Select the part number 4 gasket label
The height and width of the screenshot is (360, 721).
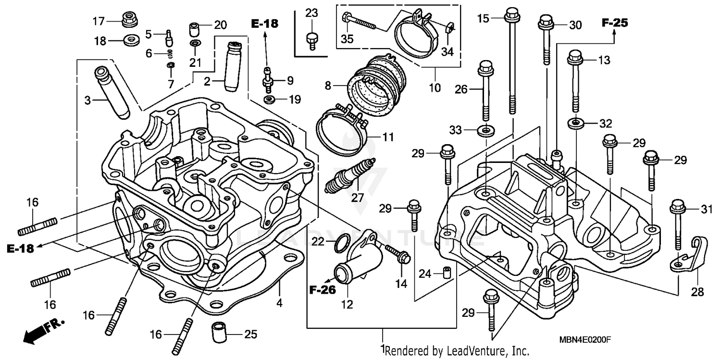[x=279, y=303]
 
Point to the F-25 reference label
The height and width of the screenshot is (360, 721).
[x=615, y=23]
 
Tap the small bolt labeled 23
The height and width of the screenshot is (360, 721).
[x=311, y=40]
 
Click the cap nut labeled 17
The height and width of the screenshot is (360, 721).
[x=128, y=20]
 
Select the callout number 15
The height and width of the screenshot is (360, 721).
[x=483, y=19]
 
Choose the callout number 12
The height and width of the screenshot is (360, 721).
[x=347, y=304]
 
